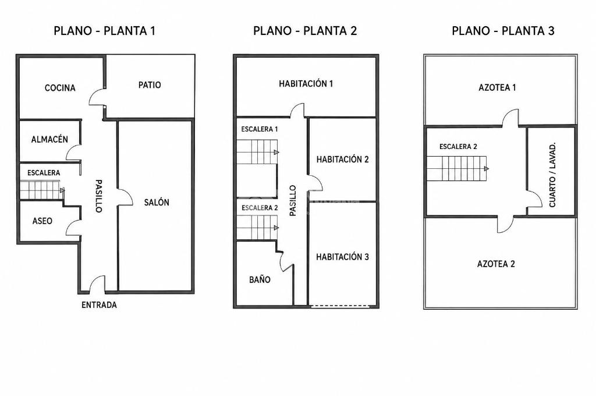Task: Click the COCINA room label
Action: click(60, 88)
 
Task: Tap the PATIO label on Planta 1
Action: click(150, 85)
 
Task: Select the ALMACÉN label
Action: click(49, 139)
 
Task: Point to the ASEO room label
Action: click(42, 221)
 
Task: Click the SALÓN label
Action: click(157, 203)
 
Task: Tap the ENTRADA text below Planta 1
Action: click(99, 305)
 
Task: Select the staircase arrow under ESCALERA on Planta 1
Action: click(62, 190)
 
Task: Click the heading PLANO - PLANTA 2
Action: click(305, 31)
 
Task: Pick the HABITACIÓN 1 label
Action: click(306, 84)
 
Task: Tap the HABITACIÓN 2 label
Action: click(342, 159)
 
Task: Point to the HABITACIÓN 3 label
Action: click(342, 257)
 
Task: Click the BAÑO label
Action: click(260, 279)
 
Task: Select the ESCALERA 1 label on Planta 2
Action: click(260, 129)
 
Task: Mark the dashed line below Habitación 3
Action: click(340, 306)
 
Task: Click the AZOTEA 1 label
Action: click(497, 88)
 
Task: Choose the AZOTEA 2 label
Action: click(496, 264)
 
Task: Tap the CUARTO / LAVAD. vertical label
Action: click(552, 175)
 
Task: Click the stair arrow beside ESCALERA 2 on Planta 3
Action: click(487, 168)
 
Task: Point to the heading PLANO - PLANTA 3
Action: click(503, 31)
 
